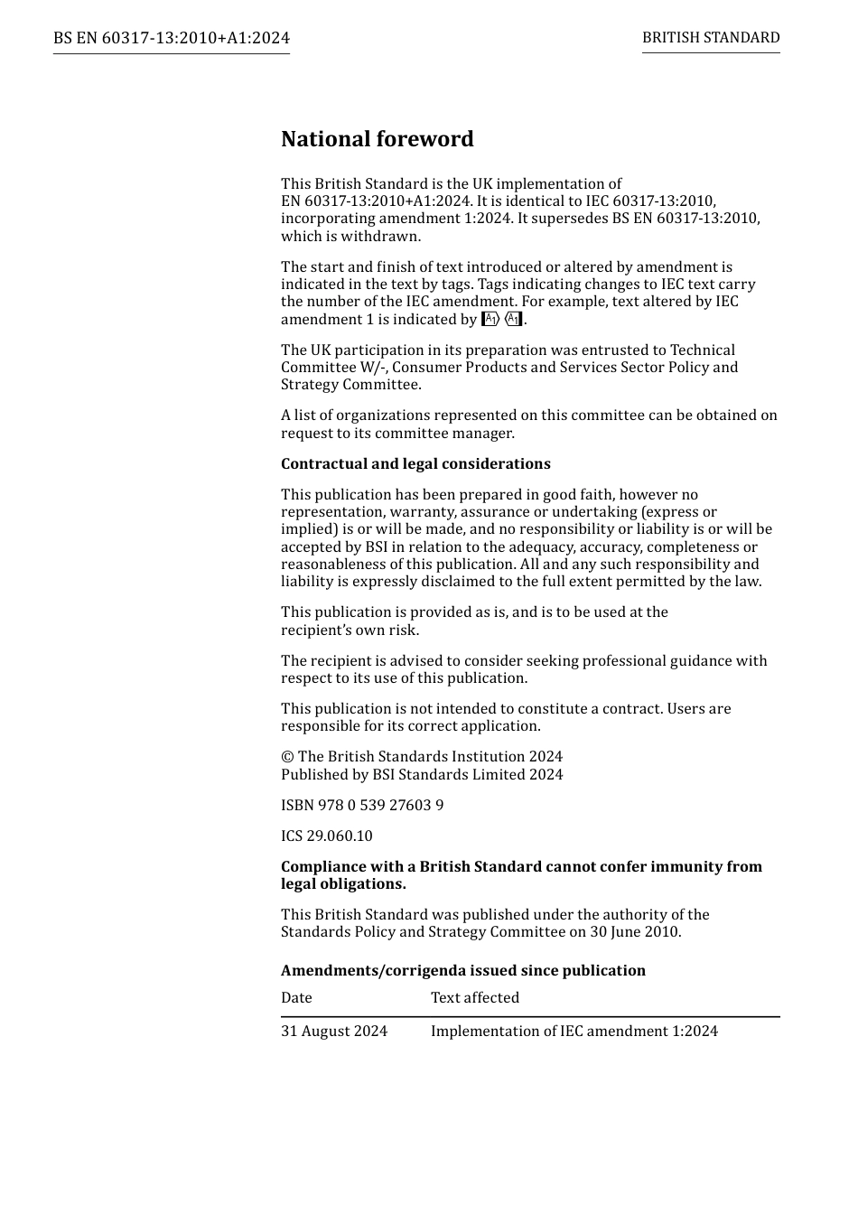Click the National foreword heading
pos(377,139)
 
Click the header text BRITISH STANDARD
pos(711,38)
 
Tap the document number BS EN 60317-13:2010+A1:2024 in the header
pos(172,38)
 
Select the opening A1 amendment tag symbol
pos(490,319)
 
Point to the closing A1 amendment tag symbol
pos(513,319)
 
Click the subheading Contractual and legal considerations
pos(415,463)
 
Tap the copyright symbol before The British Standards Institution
pos(286,757)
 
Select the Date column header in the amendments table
pos(296,997)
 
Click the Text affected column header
pos(475,997)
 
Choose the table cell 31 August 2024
pos(334,1031)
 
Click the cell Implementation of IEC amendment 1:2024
pos(574,1031)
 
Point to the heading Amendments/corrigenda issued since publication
pos(463,970)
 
